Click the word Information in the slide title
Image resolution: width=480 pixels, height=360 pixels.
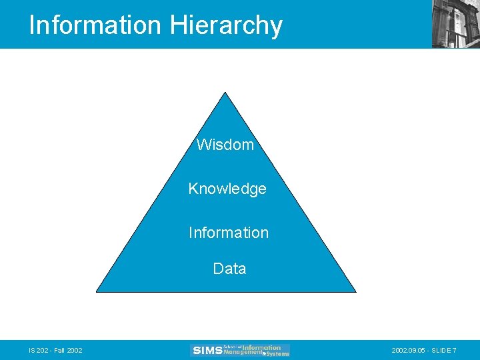pyautogui.click(x=95, y=25)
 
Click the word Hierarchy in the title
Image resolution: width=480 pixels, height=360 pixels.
pyautogui.click(x=226, y=25)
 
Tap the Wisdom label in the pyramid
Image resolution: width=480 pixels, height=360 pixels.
pyautogui.click(x=225, y=145)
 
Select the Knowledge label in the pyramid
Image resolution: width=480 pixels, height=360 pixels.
pyautogui.click(x=227, y=189)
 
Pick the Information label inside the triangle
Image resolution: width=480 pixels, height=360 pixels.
pyautogui.click(x=229, y=233)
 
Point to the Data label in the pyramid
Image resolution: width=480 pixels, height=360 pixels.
pyautogui.click(x=229, y=269)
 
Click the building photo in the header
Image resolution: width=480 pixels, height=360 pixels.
pyautogui.click(x=455, y=23)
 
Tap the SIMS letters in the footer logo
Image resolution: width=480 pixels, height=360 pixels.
pyautogui.click(x=206, y=350)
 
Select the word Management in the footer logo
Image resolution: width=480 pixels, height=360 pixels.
pyautogui.click(x=243, y=353)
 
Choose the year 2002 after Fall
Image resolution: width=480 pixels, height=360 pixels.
pyautogui.click(x=74, y=351)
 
